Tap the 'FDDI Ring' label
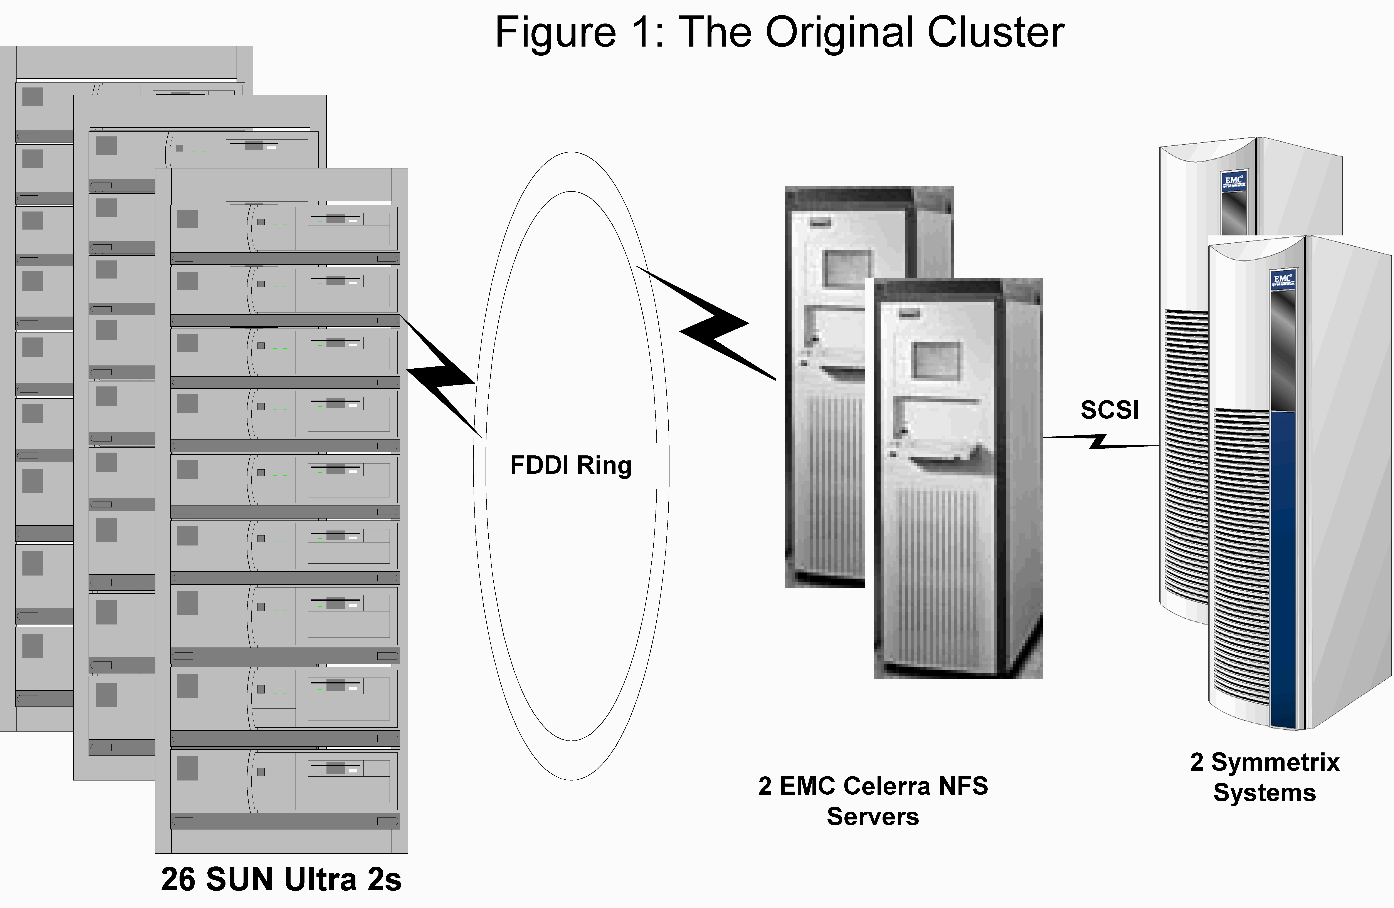point(571,465)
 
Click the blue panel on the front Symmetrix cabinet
point(1283,568)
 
